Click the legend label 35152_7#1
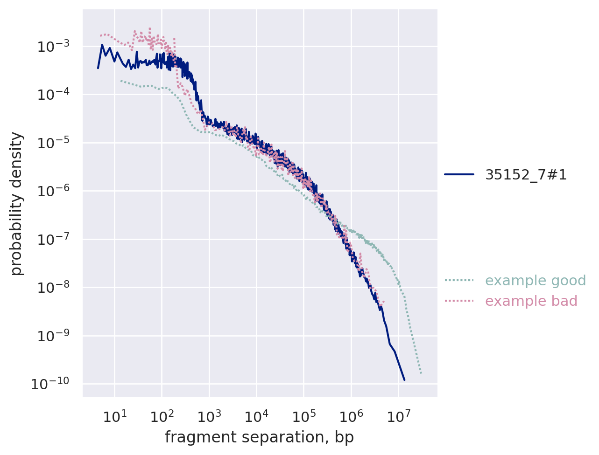526,175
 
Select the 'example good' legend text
536,281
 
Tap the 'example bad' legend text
531,301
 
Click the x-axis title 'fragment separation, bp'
260,437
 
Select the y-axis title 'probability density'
17,203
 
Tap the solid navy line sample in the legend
459,175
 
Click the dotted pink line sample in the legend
459,301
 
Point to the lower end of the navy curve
404,380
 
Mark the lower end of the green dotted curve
421,373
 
